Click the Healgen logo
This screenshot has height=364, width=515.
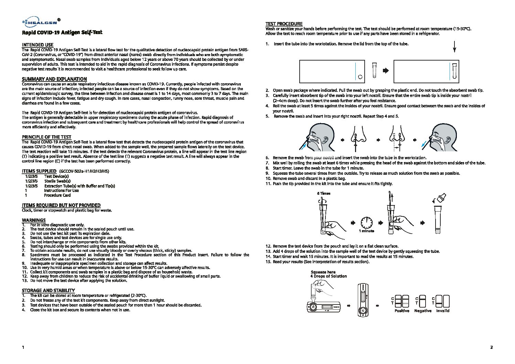click(x=41, y=22)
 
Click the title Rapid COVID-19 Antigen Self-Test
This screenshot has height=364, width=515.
click(x=62, y=33)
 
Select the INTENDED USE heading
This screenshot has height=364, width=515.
click(x=37, y=45)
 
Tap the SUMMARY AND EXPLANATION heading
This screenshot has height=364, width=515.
click(x=54, y=79)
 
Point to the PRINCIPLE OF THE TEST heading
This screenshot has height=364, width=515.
click(x=46, y=137)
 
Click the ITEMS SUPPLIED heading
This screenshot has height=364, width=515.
click(x=39, y=171)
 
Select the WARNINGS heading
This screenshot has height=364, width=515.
click(x=34, y=220)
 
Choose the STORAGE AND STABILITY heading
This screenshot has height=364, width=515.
click(x=48, y=290)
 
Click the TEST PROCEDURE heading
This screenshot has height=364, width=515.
click(x=284, y=24)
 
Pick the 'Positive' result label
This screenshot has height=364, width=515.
click(x=402, y=311)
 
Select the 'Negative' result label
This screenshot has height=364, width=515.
click(x=423, y=311)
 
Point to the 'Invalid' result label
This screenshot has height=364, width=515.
click(x=443, y=311)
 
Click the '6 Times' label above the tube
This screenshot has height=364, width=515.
click(x=324, y=193)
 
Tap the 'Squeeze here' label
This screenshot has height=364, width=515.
click(x=323, y=272)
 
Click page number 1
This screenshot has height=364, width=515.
click(x=23, y=347)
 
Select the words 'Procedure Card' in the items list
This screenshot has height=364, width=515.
click(x=57, y=195)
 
